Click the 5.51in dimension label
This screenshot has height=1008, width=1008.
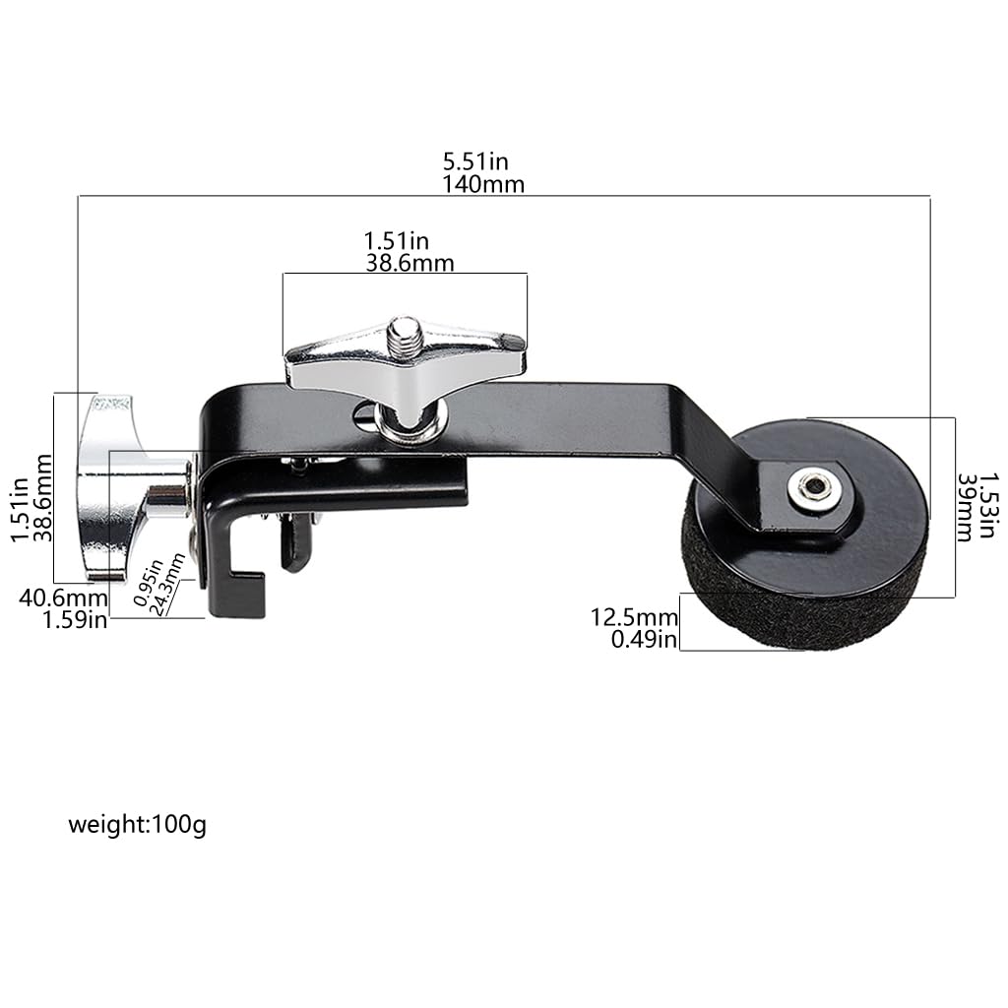pos(475,160)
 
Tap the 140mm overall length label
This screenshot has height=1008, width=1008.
pos(482,184)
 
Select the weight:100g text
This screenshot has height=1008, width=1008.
pos(137,825)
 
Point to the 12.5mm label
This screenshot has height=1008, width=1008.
pos(634,617)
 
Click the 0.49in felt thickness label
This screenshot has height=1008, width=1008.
pos(644,640)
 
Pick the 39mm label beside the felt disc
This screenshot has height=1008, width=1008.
pos(965,508)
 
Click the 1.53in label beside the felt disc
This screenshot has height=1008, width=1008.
pos(988,505)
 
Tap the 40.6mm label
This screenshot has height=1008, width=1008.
pos(63,598)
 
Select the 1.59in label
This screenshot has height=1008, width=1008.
pos(75,620)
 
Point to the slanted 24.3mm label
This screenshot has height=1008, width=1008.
pos(168,585)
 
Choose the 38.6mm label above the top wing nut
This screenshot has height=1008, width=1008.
pos(410,263)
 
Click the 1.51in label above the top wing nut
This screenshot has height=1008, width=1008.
pos(396,241)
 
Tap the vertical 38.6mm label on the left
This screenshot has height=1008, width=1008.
pos(42,488)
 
